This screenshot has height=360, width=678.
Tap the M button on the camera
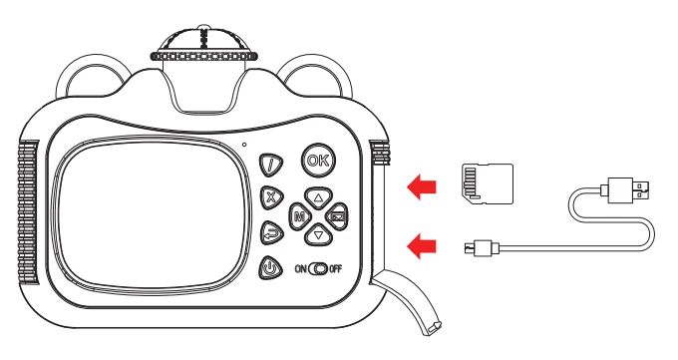point(297,216)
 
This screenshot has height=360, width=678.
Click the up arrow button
point(317,196)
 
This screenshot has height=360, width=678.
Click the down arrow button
point(317,235)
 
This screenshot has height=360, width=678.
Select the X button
point(270,197)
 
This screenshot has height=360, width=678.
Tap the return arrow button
point(270,233)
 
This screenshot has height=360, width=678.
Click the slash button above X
point(270,164)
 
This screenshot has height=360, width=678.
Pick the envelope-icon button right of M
point(337,216)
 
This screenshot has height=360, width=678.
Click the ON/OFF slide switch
point(318,269)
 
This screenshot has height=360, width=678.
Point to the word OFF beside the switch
point(337,269)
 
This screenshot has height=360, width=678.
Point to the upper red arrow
point(423,184)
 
